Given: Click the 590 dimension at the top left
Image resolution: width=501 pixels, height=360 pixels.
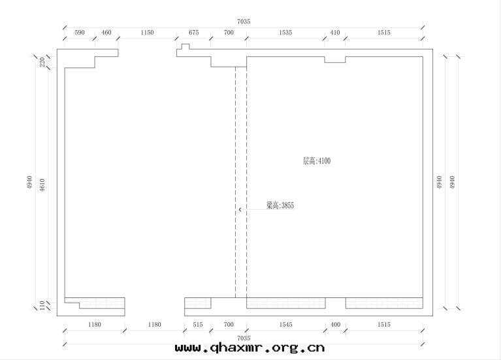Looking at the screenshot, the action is point(80,32).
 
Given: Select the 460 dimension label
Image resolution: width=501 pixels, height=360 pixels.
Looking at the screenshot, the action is point(106,32).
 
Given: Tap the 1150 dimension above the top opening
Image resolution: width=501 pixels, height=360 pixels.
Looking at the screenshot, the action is point(148,32).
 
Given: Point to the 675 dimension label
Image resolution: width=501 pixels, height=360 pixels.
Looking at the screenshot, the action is point(193,32).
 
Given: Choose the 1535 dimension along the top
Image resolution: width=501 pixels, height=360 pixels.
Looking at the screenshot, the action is point(285,32).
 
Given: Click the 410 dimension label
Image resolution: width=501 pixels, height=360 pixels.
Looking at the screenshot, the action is point(335,32).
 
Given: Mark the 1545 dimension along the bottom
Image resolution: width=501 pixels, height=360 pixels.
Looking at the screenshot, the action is point(285,325).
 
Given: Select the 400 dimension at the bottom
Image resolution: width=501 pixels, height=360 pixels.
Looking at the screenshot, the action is point(335,325).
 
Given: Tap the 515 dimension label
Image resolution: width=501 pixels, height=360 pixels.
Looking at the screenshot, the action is point(198,325).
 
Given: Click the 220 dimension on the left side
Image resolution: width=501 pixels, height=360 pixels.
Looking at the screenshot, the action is point(42,62).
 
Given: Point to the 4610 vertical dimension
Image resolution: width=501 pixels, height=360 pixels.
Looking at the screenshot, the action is point(42,185).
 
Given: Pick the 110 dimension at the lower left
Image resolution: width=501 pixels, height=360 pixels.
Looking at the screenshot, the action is point(42,306).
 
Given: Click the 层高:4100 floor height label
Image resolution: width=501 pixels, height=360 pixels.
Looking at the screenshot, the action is point(317,161).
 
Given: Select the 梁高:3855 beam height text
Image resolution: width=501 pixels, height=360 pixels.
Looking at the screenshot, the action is point(280,205).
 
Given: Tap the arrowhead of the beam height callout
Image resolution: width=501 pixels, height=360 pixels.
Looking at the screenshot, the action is point(240,210).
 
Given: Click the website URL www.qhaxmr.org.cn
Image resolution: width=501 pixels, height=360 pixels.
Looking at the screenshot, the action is point(250,348).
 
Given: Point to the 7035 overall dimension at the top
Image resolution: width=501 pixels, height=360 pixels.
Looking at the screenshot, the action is point(244,22).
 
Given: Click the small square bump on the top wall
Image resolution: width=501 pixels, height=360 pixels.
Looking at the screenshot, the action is point(186,46).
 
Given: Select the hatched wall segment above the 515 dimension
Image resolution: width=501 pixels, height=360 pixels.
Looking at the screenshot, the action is point(198,303).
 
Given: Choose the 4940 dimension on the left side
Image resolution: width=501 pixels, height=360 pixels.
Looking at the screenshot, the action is point(29,182).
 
